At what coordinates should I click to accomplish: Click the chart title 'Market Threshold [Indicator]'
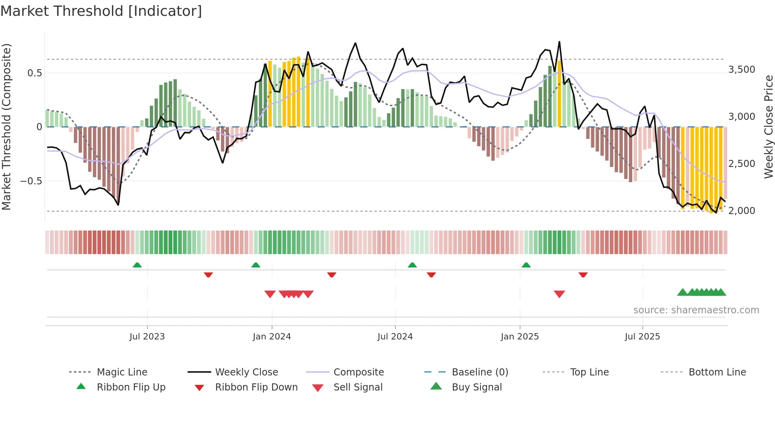tap(101, 11)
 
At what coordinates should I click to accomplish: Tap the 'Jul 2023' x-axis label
tap(147, 337)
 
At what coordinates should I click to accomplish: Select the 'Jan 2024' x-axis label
tap(272, 337)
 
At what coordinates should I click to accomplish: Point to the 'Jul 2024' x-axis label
tap(395, 337)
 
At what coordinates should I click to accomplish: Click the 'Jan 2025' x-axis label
tap(520, 337)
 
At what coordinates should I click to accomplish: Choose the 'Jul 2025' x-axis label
tap(643, 337)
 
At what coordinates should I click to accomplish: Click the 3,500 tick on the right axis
tap(742, 70)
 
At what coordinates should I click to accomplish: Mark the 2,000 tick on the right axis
tap(742, 211)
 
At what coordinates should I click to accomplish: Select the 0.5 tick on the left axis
tap(35, 73)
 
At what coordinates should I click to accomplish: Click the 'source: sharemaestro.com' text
tap(696, 310)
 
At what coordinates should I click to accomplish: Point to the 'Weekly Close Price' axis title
tap(768, 127)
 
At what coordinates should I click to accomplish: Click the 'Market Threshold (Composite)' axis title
tap(6, 127)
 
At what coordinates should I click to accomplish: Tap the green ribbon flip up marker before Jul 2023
tap(137, 265)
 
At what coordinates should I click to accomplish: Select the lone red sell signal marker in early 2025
tap(559, 294)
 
